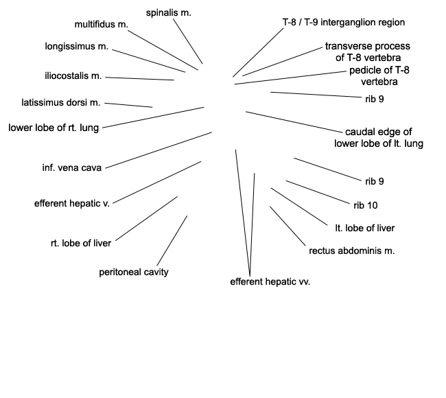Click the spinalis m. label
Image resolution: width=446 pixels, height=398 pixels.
pyautogui.click(x=168, y=12)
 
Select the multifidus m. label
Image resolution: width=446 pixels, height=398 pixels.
pyautogui.click(x=102, y=25)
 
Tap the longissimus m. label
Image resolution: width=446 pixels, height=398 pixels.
pyautogui.click(x=77, y=47)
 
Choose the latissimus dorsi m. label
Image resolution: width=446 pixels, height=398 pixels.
pyautogui.click(x=61, y=103)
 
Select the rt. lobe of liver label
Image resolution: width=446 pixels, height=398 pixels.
pyautogui.click(x=81, y=242)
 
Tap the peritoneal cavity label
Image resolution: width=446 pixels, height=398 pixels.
pyautogui.click(x=134, y=272)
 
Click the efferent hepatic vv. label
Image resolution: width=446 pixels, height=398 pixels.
pyautogui.click(x=270, y=281)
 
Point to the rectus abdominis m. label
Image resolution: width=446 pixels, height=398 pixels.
pyautogui.click(x=352, y=250)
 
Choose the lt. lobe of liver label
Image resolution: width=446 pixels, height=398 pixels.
pyautogui.click(x=365, y=228)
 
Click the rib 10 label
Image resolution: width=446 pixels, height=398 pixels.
pyautogui.click(x=366, y=204)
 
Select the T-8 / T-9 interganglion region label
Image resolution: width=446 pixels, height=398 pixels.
pyautogui.click(x=344, y=22)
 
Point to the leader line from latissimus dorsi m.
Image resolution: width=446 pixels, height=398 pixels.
pyautogui.click(x=128, y=105)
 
